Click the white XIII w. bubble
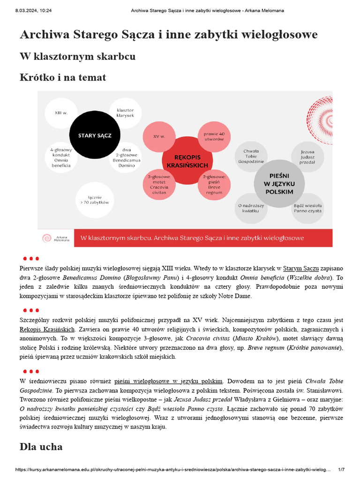60,113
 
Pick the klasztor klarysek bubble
125,113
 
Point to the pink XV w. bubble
159,136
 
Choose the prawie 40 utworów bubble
214,136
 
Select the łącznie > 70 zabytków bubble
94,200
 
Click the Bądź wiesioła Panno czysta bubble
307,208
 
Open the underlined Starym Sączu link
301,269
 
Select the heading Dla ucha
41,447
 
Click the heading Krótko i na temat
63,77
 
